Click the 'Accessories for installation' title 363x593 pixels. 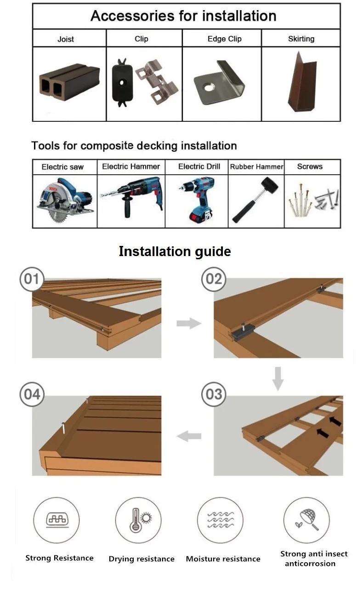[x=183, y=16]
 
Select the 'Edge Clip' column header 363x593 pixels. [x=224, y=39]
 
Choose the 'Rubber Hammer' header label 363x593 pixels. [x=256, y=166]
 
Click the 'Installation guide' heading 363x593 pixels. [x=175, y=251]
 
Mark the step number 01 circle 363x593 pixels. [x=32, y=279]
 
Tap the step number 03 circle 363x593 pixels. [x=214, y=394]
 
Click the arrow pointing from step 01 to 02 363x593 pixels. [x=188, y=324]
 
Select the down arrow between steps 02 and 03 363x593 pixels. [x=278, y=378]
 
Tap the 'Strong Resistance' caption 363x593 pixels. [x=59, y=558]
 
